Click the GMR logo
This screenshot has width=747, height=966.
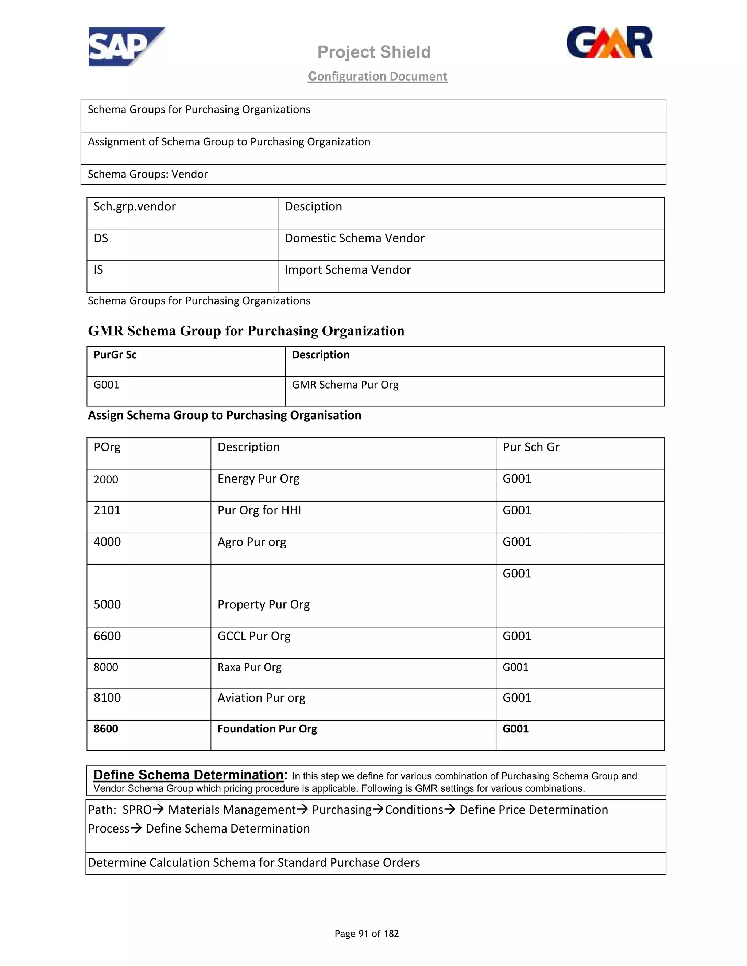[609, 43]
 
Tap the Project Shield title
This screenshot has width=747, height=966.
[374, 52]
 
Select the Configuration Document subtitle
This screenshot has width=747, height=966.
[378, 77]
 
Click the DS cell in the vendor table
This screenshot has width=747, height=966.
[101, 238]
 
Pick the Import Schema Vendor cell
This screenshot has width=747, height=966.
[347, 270]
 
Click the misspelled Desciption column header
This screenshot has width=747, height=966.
[313, 207]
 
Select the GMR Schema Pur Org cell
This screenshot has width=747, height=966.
[345, 385]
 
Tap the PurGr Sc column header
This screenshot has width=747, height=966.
[115, 355]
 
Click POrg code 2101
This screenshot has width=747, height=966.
[107, 510]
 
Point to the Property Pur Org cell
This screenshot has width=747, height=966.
[264, 605]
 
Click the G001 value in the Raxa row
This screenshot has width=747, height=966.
[515, 667]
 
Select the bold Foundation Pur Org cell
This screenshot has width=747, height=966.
[267, 729]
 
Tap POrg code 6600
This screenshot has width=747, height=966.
[107, 636]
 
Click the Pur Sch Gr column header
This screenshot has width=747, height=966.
[531, 447]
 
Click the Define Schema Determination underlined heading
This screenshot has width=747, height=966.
[189, 775]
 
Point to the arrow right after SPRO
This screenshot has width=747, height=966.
[158, 809]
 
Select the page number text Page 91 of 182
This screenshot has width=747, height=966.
[367, 934]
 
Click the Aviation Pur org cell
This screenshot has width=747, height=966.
[262, 698]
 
